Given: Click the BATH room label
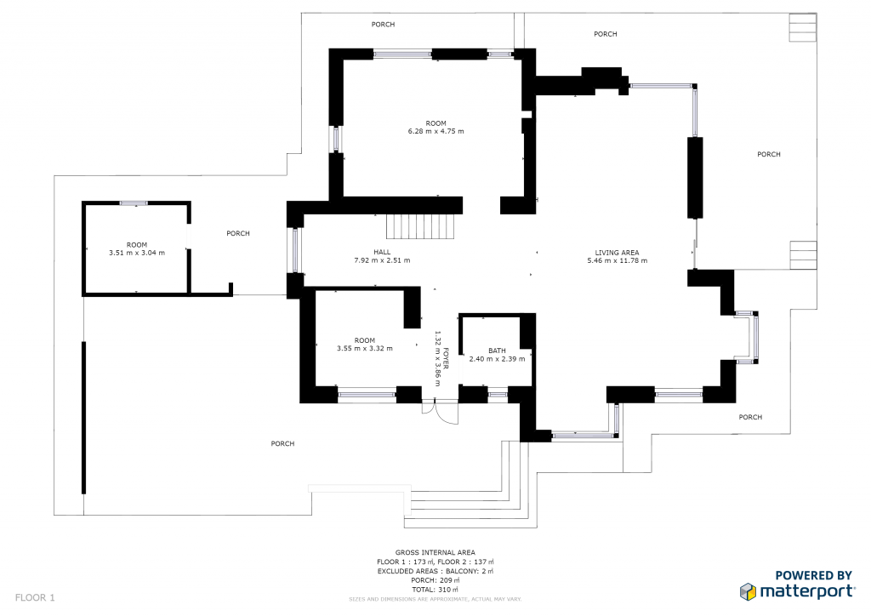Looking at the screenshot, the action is (497, 351).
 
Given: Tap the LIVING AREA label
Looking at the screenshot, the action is (617, 252).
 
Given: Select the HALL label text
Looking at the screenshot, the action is (382, 252).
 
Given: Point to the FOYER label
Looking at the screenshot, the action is (446, 359).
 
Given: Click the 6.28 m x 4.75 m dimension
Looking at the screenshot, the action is (436, 132).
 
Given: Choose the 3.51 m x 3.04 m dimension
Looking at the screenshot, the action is (137, 253).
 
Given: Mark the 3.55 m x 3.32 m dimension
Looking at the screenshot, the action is (364, 349).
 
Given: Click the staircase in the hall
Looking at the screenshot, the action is (420, 226).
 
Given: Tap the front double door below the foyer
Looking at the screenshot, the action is (440, 412).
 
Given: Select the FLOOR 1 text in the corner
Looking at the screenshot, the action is (35, 597).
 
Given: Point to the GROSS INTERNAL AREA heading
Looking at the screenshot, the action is (435, 552).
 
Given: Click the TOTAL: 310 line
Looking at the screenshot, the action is (435, 590).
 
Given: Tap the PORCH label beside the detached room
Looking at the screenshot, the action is (238, 233).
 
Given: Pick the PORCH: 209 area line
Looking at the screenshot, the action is (435, 580).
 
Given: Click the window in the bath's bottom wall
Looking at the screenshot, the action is (498, 395).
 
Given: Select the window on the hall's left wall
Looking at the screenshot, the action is (295, 250).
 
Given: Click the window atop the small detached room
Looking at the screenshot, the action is (134, 203).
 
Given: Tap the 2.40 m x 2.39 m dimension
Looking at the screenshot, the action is (497, 359).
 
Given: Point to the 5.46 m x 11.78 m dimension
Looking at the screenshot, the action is (618, 260).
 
